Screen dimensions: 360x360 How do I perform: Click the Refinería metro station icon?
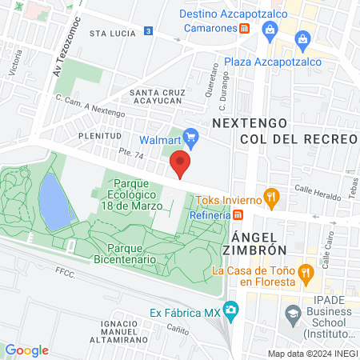click(x=238, y=214)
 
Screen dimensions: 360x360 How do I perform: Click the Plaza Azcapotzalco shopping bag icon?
click(x=302, y=39)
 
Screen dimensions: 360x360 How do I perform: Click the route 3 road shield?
click(x=149, y=30)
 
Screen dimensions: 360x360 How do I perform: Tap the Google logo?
click(x=26, y=350)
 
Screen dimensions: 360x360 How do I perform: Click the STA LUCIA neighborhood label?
click(x=109, y=34)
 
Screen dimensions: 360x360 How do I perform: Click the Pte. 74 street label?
click(x=108, y=153)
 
